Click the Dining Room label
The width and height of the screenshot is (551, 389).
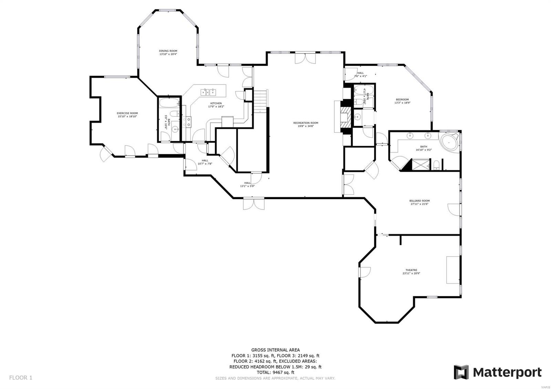pyautogui.click(x=168, y=51)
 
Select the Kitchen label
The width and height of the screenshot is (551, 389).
pyautogui.click(x=216, y=103)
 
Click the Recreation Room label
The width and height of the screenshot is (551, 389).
pyautogui.click(x=305, y=123)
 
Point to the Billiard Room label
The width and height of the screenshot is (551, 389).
pyautogui.click(x=419, y=201)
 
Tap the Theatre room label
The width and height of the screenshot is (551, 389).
pyautogui.click(x=411, y=270)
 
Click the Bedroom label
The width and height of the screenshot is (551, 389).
pyautogui.click(x=402, y=99)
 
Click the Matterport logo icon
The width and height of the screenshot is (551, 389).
pyautogui.click(x=461, y=372)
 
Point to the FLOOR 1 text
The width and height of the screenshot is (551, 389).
pyautogui.click(x=21, y=378)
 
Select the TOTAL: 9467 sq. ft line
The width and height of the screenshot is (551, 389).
pyautogui.click(x=275, y=372)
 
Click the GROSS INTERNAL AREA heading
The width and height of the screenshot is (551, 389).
pyautogui.click(x=275, y=350)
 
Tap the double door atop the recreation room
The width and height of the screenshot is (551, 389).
pyautogui.click(x=305, y=58)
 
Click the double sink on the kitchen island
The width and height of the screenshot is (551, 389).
pyautogui.click(x=209, y=92)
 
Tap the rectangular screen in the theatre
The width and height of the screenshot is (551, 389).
pyautogui.click(x=453, y=270)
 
